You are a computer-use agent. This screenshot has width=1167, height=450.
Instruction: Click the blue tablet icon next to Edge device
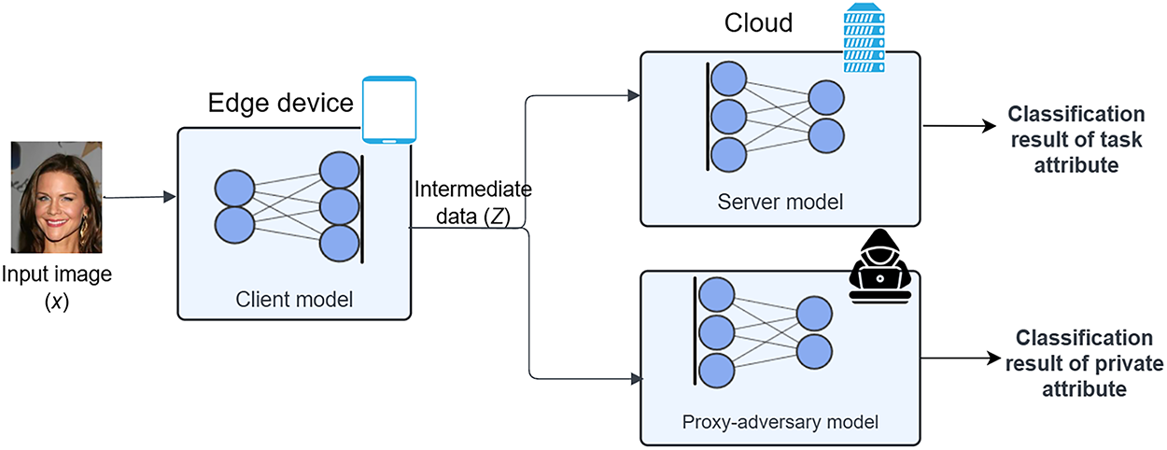tap(389, 109)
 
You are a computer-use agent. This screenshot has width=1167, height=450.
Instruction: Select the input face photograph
tap(55, 197)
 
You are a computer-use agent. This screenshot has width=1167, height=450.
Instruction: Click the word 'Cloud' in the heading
tap(759, 21)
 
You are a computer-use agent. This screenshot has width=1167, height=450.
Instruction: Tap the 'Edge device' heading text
tap(281, 103)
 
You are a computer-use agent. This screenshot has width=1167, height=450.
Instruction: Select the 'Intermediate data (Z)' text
tap(472, 203)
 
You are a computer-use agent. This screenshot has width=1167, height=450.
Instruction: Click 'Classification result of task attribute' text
tap(1076, 139)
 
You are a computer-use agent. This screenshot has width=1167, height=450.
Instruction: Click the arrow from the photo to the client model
tap(140, 197)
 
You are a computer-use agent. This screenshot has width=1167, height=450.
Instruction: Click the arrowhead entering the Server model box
tap(634, 95)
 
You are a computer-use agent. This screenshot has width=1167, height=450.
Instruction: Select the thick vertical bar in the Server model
tap(708, 117)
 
